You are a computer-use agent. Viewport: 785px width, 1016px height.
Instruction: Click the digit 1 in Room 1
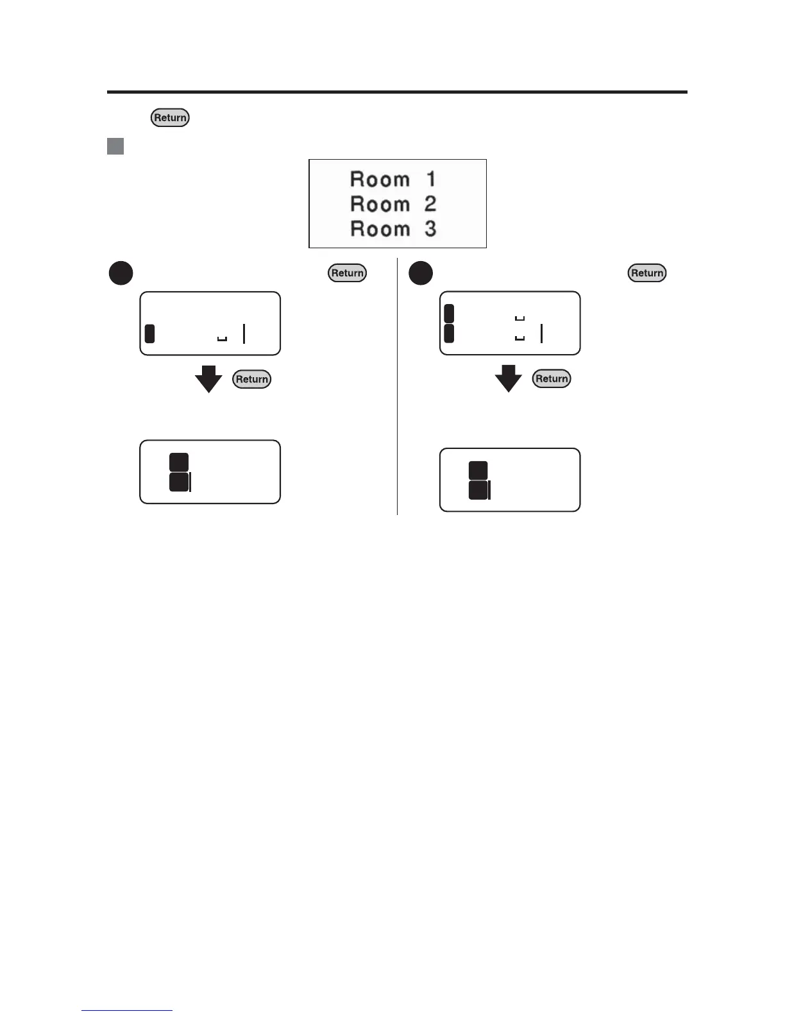click(x=431, y=179)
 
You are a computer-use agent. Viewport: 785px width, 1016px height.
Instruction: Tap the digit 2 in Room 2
click(x=430, y=204)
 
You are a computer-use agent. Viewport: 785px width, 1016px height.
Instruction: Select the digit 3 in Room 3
click(x=430, y=229)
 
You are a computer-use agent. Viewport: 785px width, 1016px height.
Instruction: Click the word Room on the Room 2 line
click(x=380, y=204)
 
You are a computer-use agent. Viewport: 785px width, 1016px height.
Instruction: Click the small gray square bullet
click(x=115, y=146)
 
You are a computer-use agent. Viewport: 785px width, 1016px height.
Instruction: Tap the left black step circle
click(x=121, y=273)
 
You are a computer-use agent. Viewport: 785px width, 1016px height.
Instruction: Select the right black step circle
click(x=421, y=273)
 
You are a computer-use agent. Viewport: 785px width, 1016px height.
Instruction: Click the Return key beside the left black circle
click(x=348, y=273)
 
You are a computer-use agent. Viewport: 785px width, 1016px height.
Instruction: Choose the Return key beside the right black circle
click(x=647, y=273)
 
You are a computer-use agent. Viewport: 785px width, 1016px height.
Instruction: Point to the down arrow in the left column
click(x=208, y=379)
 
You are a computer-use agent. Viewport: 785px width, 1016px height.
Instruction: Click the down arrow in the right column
click(x=509, y=378)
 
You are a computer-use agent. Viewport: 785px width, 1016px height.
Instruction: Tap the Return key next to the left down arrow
click(x=252, y=379)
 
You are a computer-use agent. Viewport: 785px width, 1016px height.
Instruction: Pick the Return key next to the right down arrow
click(x=552, y=378)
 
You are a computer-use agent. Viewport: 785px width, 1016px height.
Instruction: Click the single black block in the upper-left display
click(x=149, y=334)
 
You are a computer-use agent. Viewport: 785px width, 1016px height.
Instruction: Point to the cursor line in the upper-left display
click(x=244, y=334)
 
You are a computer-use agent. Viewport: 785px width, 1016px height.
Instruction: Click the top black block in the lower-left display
click(x=179, y=462)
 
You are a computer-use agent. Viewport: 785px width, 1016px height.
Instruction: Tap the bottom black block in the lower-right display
click(x=478, y=491)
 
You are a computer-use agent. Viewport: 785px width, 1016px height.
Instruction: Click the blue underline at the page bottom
click(x=127, y=1010)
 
